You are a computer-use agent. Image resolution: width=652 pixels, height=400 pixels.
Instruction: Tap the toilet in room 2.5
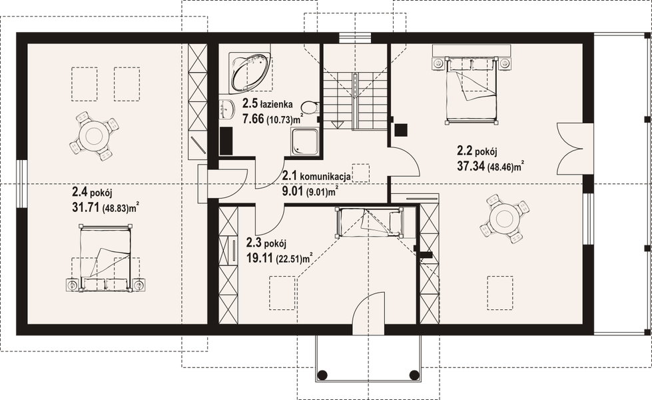310,108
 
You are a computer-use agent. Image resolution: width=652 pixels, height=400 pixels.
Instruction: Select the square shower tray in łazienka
303,140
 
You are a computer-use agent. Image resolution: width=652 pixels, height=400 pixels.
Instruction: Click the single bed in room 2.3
369,221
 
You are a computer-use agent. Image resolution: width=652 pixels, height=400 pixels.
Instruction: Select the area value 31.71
85,207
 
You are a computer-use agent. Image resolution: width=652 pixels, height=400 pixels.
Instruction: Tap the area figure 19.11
260,257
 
